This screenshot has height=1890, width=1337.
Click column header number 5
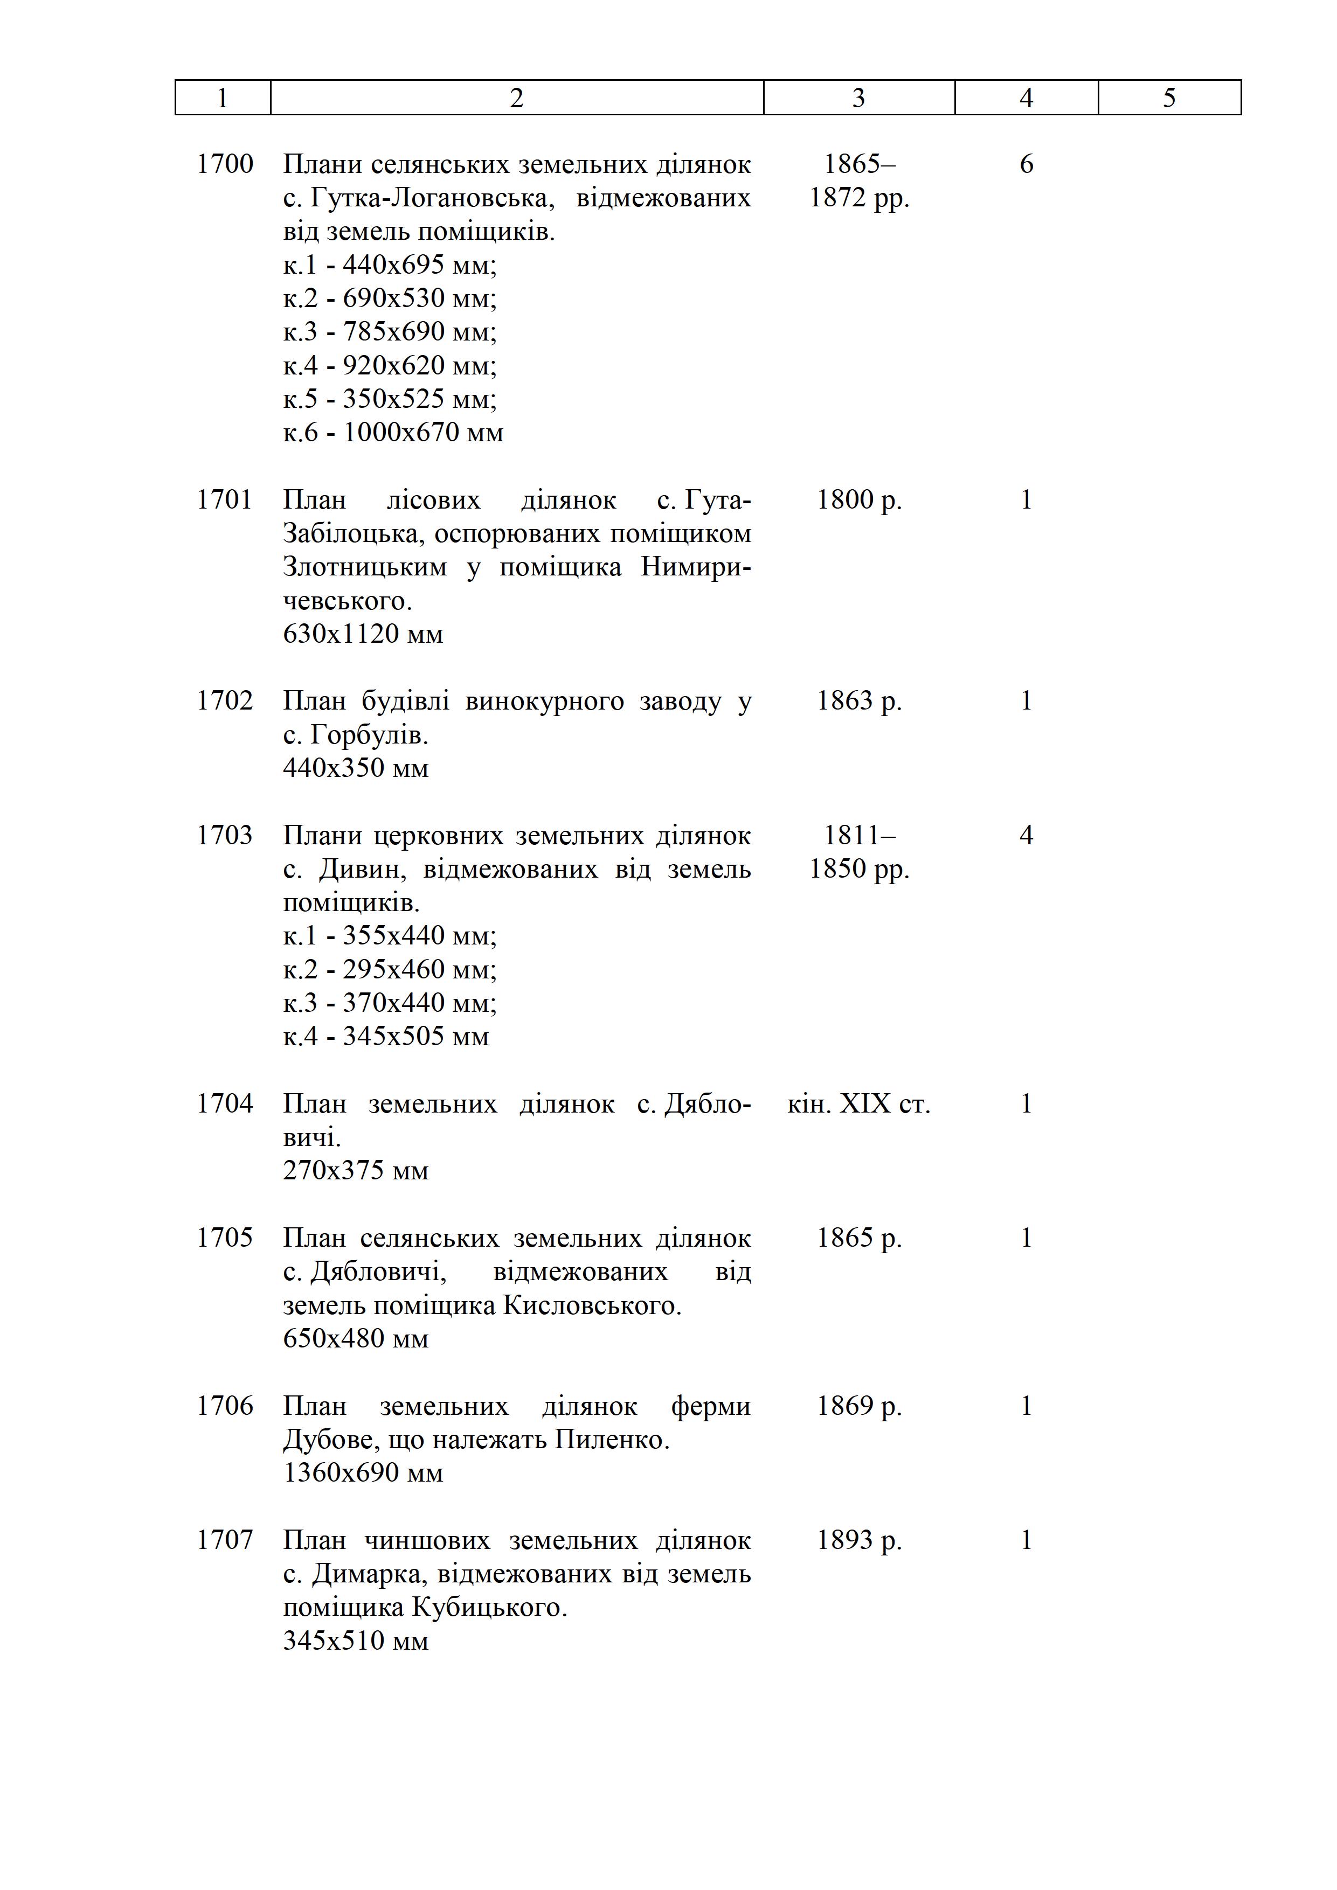1169,98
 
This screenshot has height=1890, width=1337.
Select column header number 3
858,98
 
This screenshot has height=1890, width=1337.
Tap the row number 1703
225,836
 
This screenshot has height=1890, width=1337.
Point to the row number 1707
225,1540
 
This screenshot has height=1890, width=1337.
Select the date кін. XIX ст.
858,1104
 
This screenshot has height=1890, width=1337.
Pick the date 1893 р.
858,1540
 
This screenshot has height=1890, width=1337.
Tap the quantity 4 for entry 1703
1026,836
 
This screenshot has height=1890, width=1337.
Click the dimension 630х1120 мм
363,634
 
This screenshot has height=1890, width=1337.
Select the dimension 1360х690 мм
363,1472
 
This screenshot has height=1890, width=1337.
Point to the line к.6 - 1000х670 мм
393,432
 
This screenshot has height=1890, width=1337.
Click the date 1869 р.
858,1406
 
